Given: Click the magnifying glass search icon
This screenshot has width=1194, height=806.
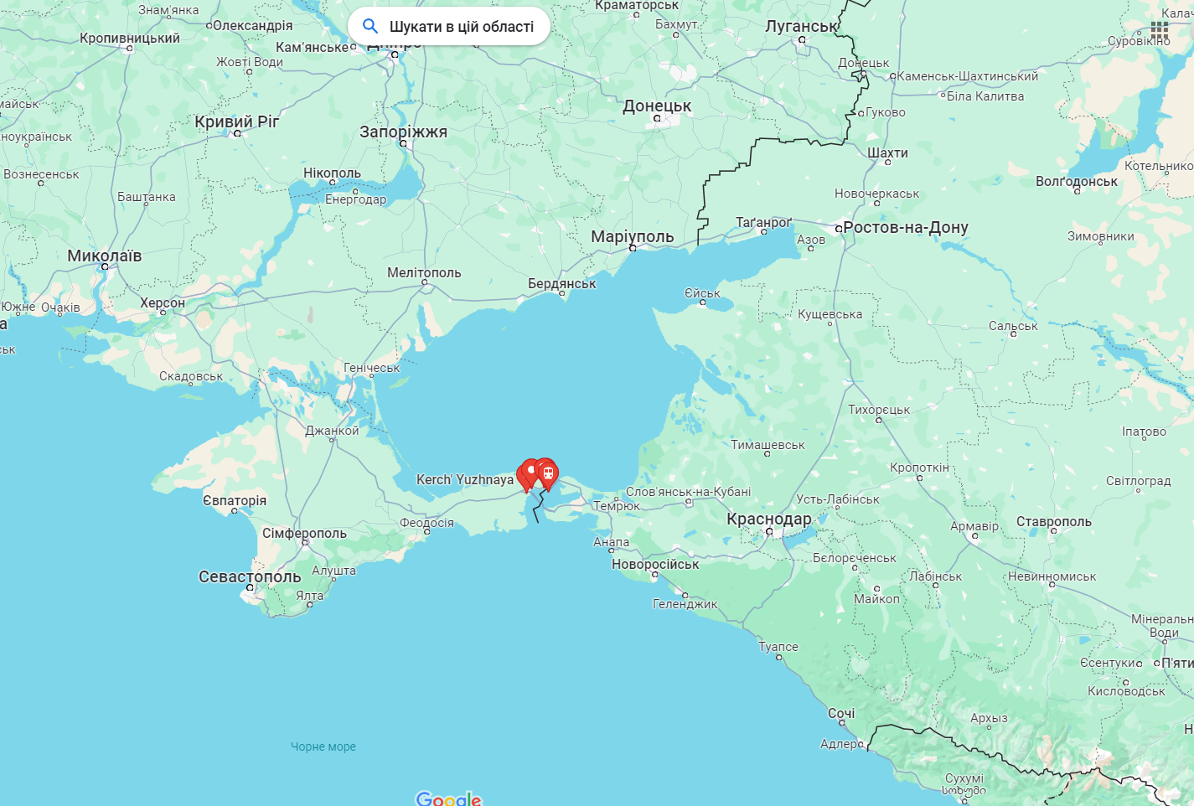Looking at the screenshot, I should pyautogui.click(x=370, y=26).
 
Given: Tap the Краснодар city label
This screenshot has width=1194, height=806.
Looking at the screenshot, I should pyautogui.click(x=768, y=519).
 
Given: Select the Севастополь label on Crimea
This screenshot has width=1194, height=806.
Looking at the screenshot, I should pyautogui.click(x=250, y=576).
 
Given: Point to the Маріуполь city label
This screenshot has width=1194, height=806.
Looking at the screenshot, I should pyautogui.click(x=632, y=236).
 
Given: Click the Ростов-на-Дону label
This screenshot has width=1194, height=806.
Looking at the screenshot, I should pyautogui.click(x=906, y=227).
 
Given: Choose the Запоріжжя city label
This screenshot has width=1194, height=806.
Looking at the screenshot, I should pyautogui.click(x=403, y=132).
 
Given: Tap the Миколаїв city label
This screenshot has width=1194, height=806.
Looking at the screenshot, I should pyautogui.click(x=105, y=256).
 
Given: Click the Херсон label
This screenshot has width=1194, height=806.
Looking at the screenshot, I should pyautogui.click(x=163, y=302).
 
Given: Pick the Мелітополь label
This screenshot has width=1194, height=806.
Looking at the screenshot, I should pyautogui.click(x=424, y=272).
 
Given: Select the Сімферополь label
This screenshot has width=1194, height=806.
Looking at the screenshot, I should pyautogui.click(x=304, y=533).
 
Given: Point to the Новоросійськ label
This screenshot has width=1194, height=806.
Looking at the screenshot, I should pyautogui.click(x=655, y=564).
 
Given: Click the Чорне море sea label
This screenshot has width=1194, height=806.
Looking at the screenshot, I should pyautogui.click(x=323, y=747).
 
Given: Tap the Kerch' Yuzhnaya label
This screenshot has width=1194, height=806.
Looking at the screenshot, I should pyautogui.click(x=465, y=479).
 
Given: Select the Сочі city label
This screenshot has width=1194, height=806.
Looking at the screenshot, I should pyautogui.click(x=841, y=713).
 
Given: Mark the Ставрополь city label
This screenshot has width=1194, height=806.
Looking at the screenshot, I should pyautogui.click(x=1054, y=521).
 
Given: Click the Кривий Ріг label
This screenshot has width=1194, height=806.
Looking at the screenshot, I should pyautogui.click(x=237, y=121).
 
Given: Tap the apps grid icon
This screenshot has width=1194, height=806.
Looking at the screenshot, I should pyautogui.click(x=1160, y=30).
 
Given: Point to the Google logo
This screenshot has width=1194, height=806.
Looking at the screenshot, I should pyautogui.click(x=448, y=798).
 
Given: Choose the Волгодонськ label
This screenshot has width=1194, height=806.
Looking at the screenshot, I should pyautogui.click(x=1077, y=181).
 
